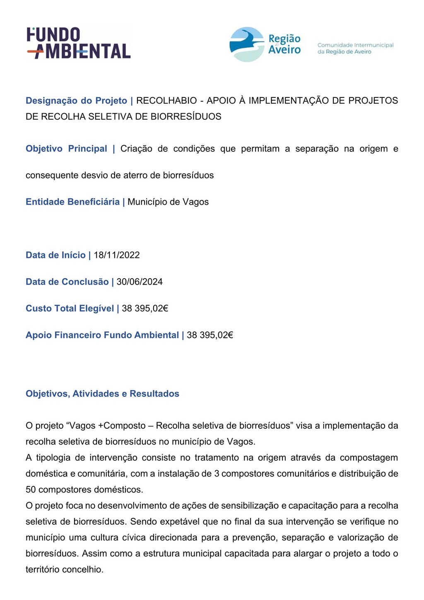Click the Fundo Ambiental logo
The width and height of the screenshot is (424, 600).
tap(79, 43)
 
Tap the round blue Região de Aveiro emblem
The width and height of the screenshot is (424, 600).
tap(247, 44)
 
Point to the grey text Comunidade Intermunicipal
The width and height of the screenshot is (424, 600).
tap(355, 45)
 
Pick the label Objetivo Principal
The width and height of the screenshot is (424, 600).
tap(66, 149)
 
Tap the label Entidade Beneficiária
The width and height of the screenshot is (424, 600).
tap(72, 202)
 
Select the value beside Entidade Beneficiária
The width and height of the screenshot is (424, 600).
tap(168, 202)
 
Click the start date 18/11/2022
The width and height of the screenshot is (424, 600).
tap(117, 255)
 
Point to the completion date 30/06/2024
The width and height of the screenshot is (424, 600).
tap(140, 282)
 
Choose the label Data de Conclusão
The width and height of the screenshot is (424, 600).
tap(67, 282)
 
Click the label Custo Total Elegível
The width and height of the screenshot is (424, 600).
tap(70, 309)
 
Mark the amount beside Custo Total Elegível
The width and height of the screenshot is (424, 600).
tap(145, 309)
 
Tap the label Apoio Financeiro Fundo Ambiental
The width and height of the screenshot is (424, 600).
tap(102, 335)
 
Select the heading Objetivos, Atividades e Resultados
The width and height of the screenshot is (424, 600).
tap(102, 394)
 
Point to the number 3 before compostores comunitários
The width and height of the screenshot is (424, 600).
tap(217, 474)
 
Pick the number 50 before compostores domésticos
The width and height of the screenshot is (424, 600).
tap(31, 490)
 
